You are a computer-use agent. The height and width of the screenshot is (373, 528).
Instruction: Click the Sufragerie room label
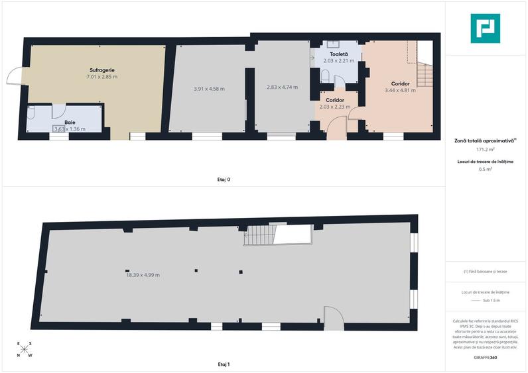[103, 70]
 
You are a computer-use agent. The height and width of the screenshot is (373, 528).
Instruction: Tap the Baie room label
[69, 122]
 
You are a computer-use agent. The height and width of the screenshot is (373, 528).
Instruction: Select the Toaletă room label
[338, 54]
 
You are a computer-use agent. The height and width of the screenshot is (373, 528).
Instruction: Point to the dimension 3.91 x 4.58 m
[209, 89]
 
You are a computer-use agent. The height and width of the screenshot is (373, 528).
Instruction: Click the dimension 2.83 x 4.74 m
[282, 87]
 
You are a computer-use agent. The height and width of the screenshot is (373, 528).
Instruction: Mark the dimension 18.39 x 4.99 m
[143, 274]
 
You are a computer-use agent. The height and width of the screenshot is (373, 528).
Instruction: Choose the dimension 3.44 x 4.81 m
[400, 90]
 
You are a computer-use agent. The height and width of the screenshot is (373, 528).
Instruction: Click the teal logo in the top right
[486, 28]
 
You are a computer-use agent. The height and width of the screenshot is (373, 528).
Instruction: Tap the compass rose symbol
[24, 348]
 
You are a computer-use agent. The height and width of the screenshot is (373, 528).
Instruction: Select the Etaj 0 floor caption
[224, 179]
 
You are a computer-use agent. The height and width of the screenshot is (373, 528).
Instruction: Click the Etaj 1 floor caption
[224, 364]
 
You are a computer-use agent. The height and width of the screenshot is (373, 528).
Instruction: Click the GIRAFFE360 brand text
[486, 358]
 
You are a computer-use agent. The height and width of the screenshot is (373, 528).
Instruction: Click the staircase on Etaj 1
[259, 235]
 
